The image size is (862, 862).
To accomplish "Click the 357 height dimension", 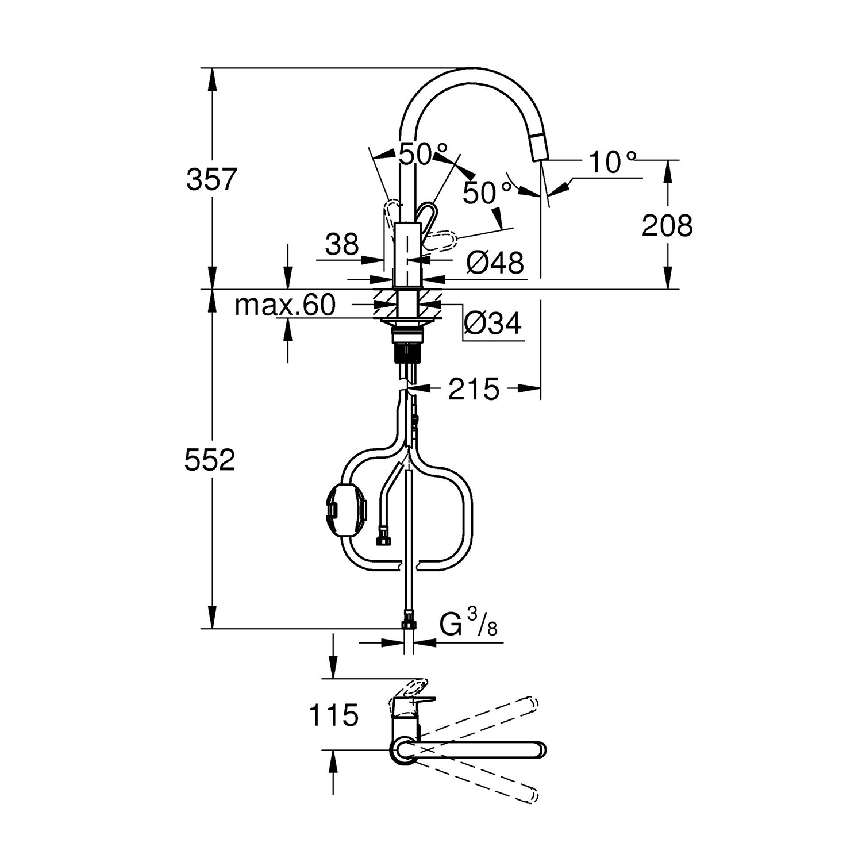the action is (211, 179).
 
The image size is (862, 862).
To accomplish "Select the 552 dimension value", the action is (210, 460).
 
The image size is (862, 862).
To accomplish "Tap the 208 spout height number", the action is (667, 226).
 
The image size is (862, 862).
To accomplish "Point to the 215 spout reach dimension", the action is (474, 390).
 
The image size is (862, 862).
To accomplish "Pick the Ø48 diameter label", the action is (495, 263).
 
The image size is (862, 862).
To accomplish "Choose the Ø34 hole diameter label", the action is (493, 324).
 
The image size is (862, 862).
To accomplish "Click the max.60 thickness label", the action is (285, 305).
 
